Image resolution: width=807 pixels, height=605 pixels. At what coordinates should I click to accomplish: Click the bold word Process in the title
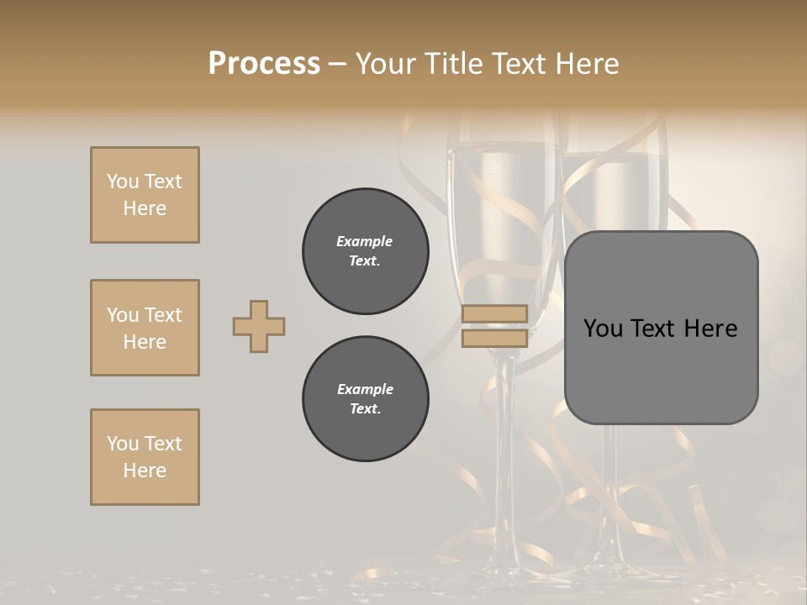click(264, 63)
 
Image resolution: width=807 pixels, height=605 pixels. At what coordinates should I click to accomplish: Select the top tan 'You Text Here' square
click(145, 195)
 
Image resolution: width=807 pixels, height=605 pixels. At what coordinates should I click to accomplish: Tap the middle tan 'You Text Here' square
click(145, 328)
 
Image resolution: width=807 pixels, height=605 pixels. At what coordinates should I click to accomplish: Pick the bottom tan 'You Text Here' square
click(145, 457)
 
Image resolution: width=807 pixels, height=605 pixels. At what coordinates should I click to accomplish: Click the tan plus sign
click(259, 326)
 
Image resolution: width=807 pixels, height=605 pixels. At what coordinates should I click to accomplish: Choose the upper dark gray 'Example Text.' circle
click(366, 251)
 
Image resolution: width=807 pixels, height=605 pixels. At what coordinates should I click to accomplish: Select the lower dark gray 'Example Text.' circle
click(366, 399)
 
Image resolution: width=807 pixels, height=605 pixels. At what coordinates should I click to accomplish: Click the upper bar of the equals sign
click(494, 313)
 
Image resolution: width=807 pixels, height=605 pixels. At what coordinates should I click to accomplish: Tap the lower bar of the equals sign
click(494, 339)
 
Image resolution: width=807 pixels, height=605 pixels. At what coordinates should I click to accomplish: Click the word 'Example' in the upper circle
click(365, 241)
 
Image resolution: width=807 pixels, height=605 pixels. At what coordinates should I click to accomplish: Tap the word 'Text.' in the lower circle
click(365, 408)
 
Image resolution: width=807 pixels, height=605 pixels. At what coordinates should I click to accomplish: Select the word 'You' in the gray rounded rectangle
click(604, 329)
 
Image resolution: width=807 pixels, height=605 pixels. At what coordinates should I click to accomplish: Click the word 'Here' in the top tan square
click(145, 208)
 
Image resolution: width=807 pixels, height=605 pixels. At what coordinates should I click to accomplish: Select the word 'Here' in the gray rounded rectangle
click(710, 329)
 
